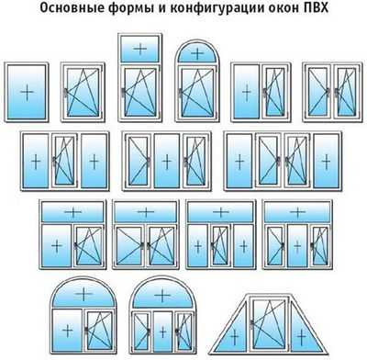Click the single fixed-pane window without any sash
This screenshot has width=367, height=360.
[27, 92]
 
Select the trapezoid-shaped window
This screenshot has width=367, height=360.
[268, 323]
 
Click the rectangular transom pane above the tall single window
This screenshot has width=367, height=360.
[140, 49]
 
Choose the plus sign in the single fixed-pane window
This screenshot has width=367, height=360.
[27, 92]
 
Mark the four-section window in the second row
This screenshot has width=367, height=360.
[283, 161]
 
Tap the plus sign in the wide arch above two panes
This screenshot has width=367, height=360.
[83, 295]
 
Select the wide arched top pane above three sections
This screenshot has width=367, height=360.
[162, 295]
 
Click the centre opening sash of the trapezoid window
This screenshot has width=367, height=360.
[269, 324]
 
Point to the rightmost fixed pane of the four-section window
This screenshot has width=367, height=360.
[327, 161]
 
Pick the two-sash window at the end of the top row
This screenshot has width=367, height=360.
[332, 92]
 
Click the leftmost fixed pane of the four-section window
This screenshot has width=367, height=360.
[239, 161]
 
